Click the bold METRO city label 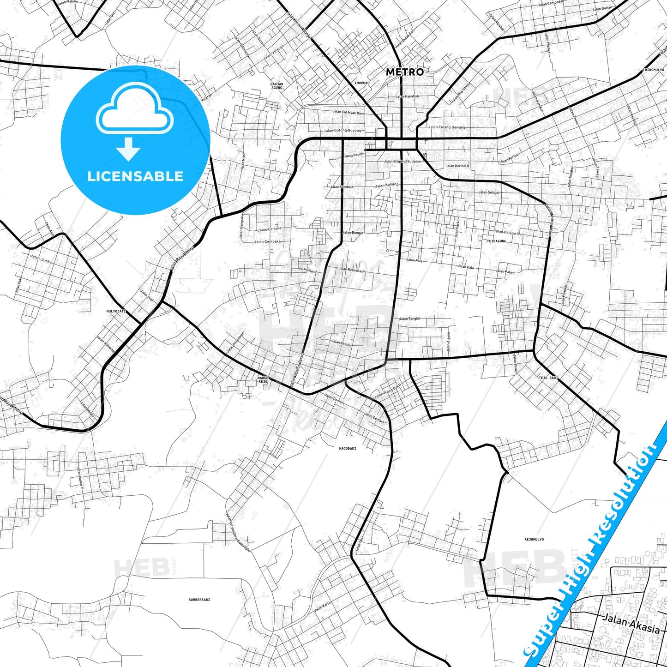coord(404,72)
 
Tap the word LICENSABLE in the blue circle coord(135,176)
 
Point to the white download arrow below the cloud coord(128,149)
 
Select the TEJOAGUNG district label coord(496,241)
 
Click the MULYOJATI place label coord(116,312)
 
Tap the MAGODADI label coord(348,448)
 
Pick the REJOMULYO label coord(534,539)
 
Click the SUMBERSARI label coord(199,600)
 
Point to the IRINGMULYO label coord(653,70)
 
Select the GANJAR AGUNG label coord(276,85)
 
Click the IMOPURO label coord(362,83)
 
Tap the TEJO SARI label coord(548,378)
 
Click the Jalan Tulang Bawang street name coord(446,127)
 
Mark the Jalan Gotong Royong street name coord(343,131)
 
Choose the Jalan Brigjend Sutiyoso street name coord(403,162)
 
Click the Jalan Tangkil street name coord(409,318)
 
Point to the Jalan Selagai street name coord(489,192)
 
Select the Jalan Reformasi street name coord(351,270)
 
